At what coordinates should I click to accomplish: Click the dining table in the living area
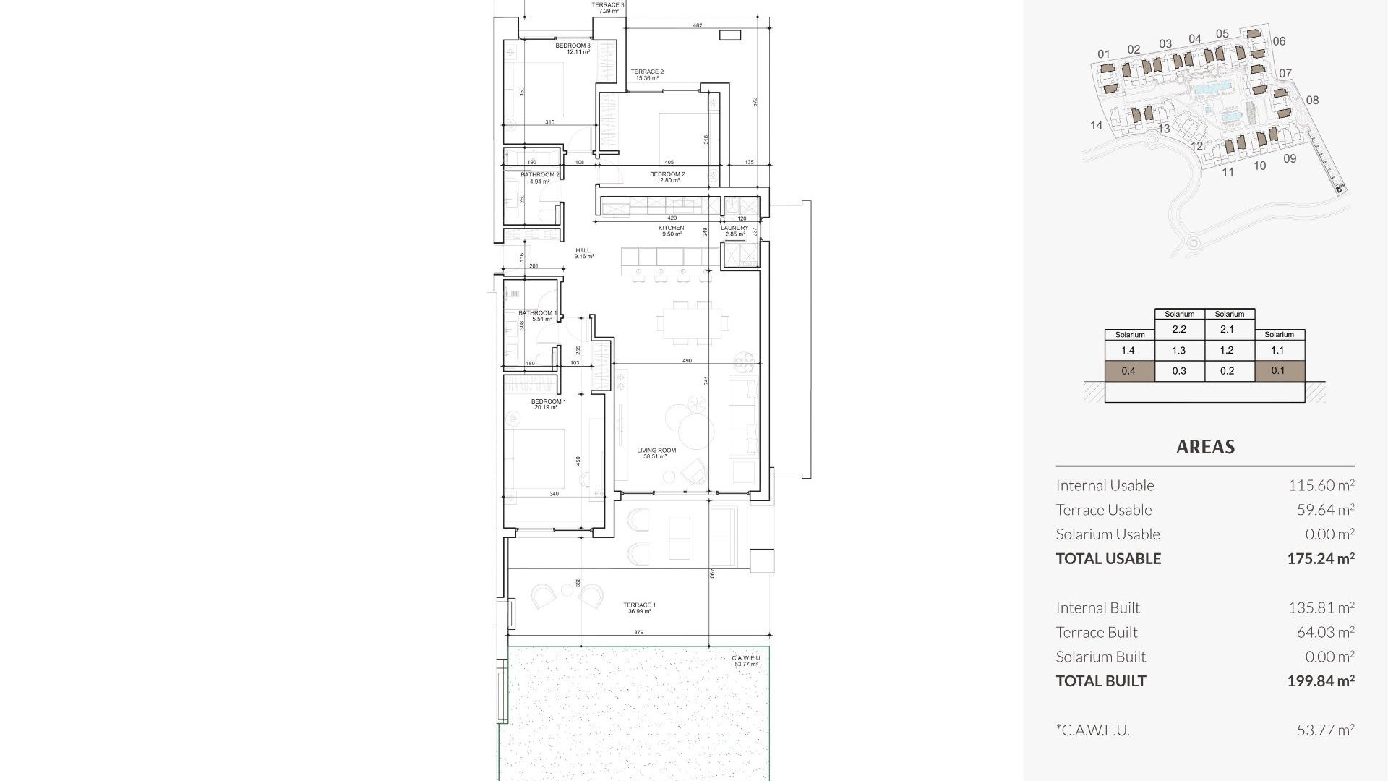pyautogui.click(x=693, y=323)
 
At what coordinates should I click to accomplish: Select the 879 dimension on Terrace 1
pyautogui.click(x=638, y=633)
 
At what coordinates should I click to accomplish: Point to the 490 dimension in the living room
pyautogui.click(x=687, y=360)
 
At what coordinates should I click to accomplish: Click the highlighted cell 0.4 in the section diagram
pyautogui.click(x=1128, y=371)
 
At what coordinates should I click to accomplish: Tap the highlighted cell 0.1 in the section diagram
pyautogui.click(x=1278, y=370)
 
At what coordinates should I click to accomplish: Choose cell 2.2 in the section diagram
pyautogui.click(x=1179, y=329)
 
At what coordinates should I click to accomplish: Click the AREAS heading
pyautogui.click(x=1205, y=447)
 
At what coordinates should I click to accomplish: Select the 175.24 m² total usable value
pyautogui.click(x=1320, y=558)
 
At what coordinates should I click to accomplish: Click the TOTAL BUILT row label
pyautogui.click(x=1100, y=680)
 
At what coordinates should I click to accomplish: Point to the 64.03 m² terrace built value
pyautogui.click(x=1325, y=632)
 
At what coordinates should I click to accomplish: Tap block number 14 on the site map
pyautogui.click(x=1096, y=125)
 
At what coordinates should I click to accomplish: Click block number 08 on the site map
pyautogui.click(x=1312, y=101)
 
